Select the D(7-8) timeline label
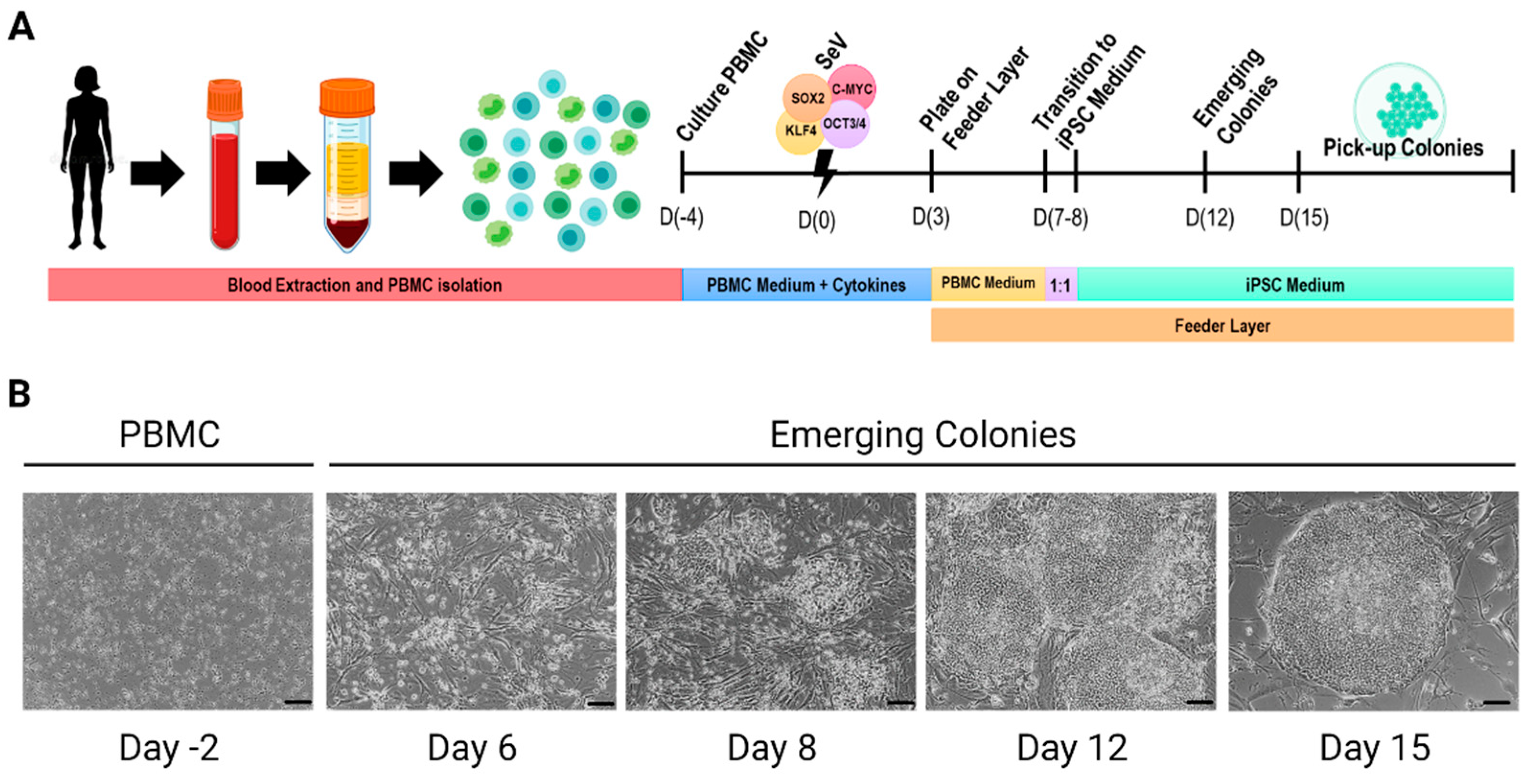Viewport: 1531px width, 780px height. pyautogui.click(x=1060, y=218)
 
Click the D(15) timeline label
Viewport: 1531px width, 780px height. pyautogui.click(x=1303, y=218)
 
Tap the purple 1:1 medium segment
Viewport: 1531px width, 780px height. pyautogui.click(x=1061, y=285)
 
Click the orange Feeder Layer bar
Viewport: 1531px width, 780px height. pyautogui.click(x=1222, y=325)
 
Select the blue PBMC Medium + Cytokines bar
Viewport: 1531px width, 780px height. pyautogui.click(x=806, y=285)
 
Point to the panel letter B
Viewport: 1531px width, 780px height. pyautogui.click(x=20, y=393)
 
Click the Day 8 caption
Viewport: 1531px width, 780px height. pyautogui.click(x=771, y=747)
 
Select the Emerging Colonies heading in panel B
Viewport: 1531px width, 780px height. pyautogui.click(x=922, y=435)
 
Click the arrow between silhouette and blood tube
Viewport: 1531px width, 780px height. pyautogui.click(x=157, y=173)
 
